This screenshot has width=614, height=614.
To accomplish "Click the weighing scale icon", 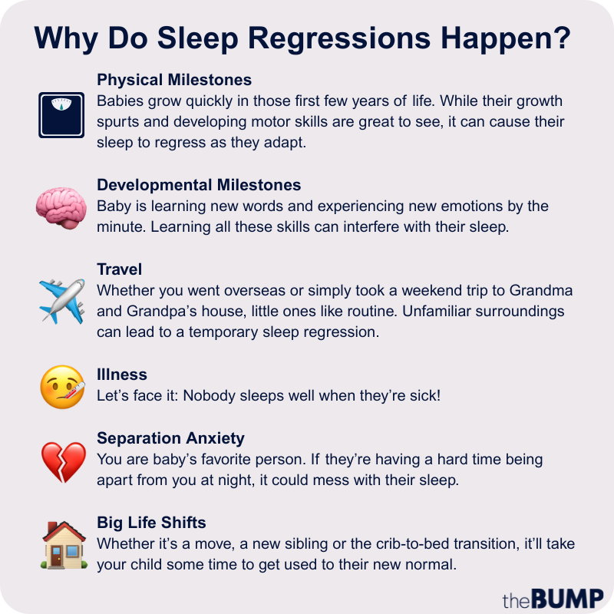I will click(x=61, y=115).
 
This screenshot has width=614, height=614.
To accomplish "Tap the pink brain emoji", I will click(x=61, y=206).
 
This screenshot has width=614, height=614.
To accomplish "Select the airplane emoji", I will click(x=61, y=300).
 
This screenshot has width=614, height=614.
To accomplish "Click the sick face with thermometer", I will click(x=61, y=386).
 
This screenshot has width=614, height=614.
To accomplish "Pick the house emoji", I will click(x=61, y=545).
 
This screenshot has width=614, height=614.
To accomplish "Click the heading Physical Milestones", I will click(x=174, y=80).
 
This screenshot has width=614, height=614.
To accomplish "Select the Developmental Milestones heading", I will click(x=199, y=185).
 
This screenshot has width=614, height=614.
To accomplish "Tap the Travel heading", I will click(x=120, y=269).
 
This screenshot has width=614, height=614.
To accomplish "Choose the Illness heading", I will click(x=122, y=375).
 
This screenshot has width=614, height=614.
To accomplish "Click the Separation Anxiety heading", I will click(x=170, y=438).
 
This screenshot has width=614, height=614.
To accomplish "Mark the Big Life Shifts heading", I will click(x=151, y=523).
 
